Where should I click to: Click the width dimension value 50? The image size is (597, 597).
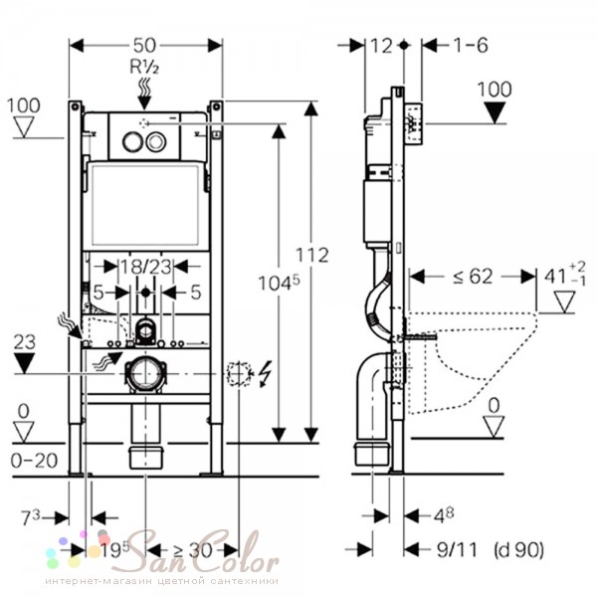(146, 46)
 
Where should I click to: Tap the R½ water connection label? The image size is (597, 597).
(146, 68)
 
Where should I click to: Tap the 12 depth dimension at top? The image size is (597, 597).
(380, 46)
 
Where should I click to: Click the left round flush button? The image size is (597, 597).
(130, 141)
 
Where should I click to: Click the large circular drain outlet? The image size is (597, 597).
(146, 374)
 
